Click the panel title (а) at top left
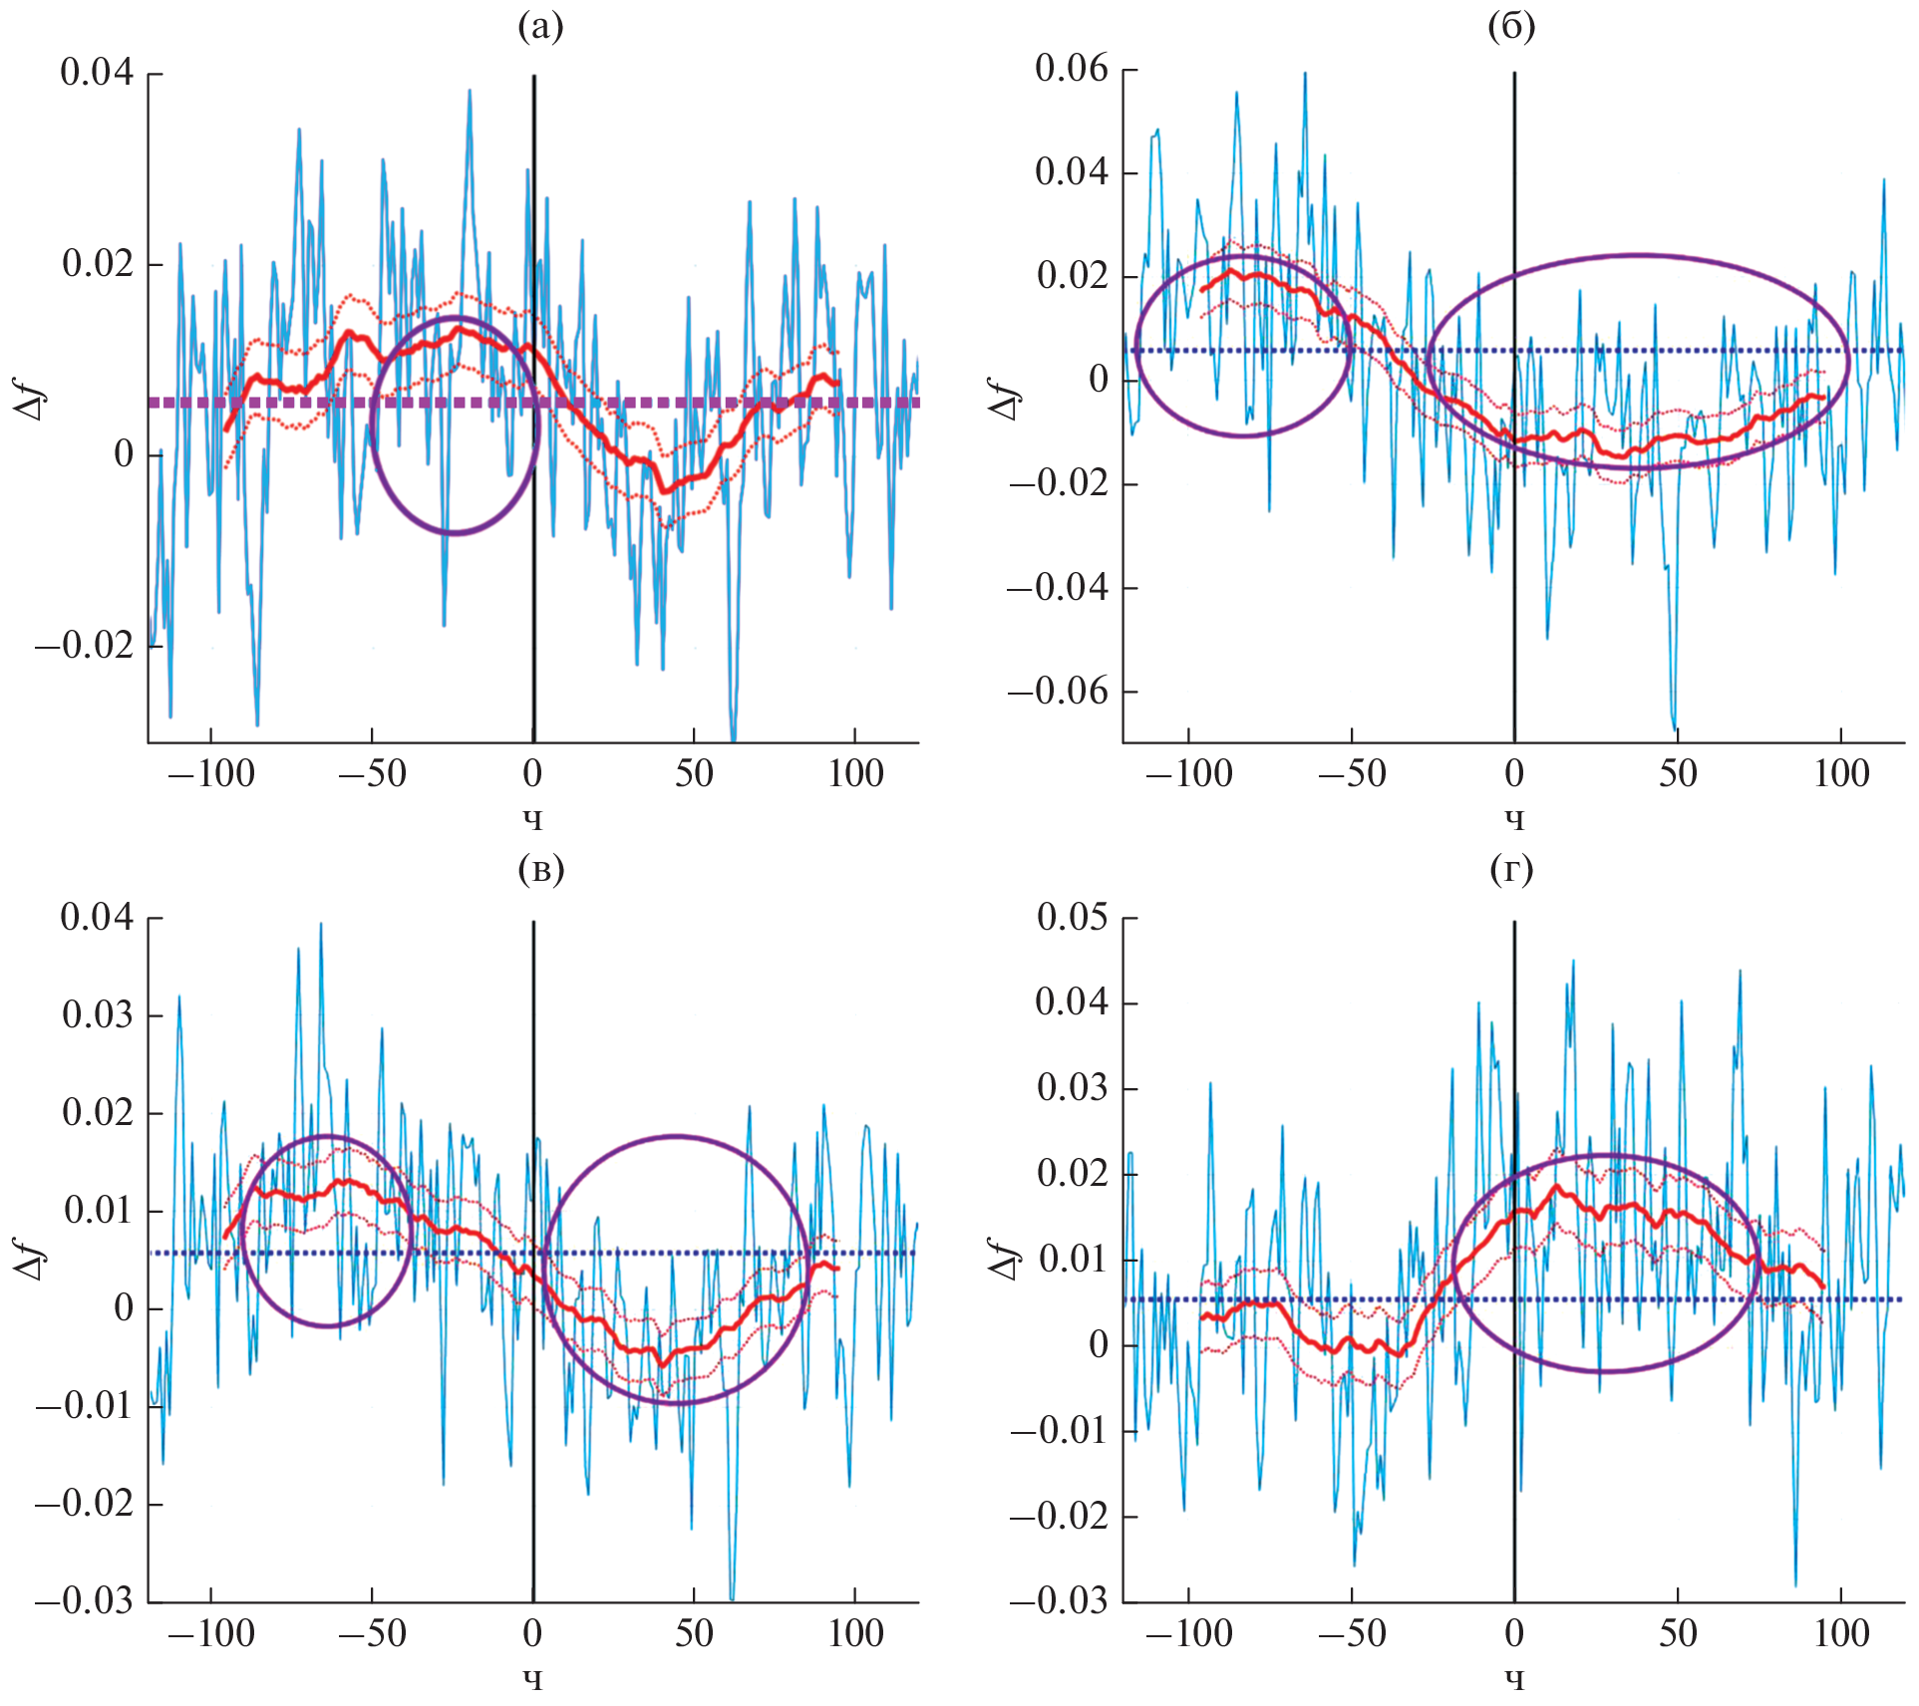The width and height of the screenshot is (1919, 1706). tap(540, 27)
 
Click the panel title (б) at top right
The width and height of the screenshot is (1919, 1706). tap(1510, 27)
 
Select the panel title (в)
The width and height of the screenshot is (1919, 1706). tap(540, 870)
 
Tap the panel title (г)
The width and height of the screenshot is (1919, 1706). tap(1510, 870)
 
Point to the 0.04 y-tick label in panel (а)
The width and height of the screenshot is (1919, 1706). tap(97, 72)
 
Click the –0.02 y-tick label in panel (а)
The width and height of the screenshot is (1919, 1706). tap(85, 646)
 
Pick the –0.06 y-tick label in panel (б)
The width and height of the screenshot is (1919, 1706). tap(1059, 691)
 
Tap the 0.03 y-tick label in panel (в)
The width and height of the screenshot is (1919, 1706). tap(97, 1014)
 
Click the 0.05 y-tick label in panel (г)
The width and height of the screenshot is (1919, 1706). tap(1072, 917)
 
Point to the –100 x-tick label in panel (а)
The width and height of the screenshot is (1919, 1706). tap(211, 773)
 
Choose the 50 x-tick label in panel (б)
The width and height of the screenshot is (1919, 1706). tap(1678, 773)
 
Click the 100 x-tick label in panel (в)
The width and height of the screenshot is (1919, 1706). tap(855, 1633)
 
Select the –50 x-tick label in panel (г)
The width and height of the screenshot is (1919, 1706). tap(1352, 1633)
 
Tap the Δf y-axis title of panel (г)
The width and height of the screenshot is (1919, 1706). tap(1006, 1259)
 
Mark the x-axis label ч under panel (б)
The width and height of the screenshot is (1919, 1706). tap(1514, 819)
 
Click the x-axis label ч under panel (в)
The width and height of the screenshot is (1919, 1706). tap(533, 1679)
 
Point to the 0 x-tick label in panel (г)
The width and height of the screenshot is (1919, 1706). tap(1514, 1633)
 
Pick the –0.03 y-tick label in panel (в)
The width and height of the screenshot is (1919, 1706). tap(85, 1600)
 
